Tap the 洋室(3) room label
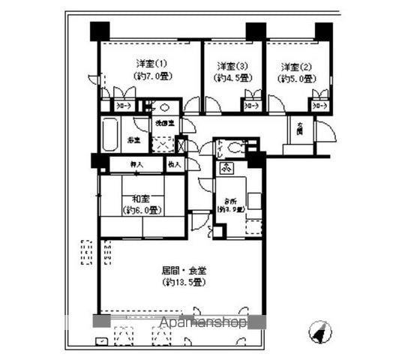pos(232,65)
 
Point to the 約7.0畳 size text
pos(151,76)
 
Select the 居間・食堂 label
pos(182,269)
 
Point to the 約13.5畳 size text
pos(183,282)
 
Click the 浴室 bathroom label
pos(133,140)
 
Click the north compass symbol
pos(320,330)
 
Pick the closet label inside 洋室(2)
pos(319,106)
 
